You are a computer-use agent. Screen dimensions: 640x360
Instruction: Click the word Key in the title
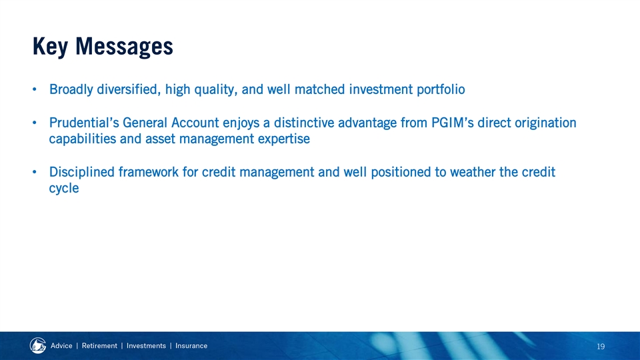point(50,47)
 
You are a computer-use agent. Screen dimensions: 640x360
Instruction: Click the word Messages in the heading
point(124,46)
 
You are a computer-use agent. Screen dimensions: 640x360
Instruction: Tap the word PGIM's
point(453,123)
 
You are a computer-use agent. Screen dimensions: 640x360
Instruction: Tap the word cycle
point(64,189)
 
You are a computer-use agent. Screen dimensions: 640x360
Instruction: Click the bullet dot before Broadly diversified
point(35,89)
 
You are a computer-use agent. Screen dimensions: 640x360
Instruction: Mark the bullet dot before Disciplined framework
point(35,172)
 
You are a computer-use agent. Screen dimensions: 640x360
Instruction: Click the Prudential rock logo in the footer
point(38,346)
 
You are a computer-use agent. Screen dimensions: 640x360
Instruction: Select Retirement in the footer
point(99,346)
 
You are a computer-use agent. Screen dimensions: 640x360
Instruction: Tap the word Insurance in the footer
point(191,346)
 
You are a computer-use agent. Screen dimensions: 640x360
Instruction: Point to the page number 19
point(601,347)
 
